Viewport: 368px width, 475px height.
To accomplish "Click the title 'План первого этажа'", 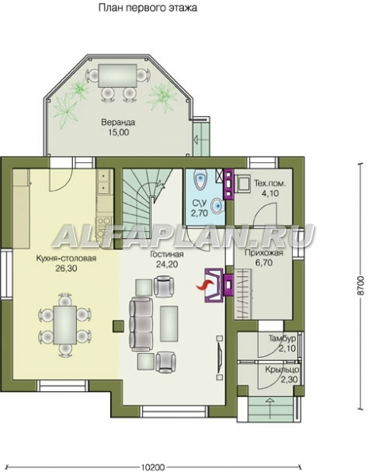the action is coord(148,8).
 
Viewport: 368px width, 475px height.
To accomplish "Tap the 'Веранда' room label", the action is coord(118,123).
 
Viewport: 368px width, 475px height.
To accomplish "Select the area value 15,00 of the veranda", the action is coord(118,132).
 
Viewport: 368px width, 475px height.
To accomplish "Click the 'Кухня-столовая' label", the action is coord(66,258).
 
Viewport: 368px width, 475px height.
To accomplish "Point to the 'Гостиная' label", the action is coord(167,254).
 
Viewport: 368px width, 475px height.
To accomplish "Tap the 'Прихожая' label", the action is coord(263,253).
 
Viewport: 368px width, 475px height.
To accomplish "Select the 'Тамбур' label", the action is coord(282,338).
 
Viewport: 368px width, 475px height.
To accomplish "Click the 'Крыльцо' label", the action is coord(282,370).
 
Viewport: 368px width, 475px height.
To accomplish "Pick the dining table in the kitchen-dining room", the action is coord(65,325).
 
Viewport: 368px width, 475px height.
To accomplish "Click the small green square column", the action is coord(118,325).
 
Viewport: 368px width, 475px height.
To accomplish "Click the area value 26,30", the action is coord(66,268).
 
